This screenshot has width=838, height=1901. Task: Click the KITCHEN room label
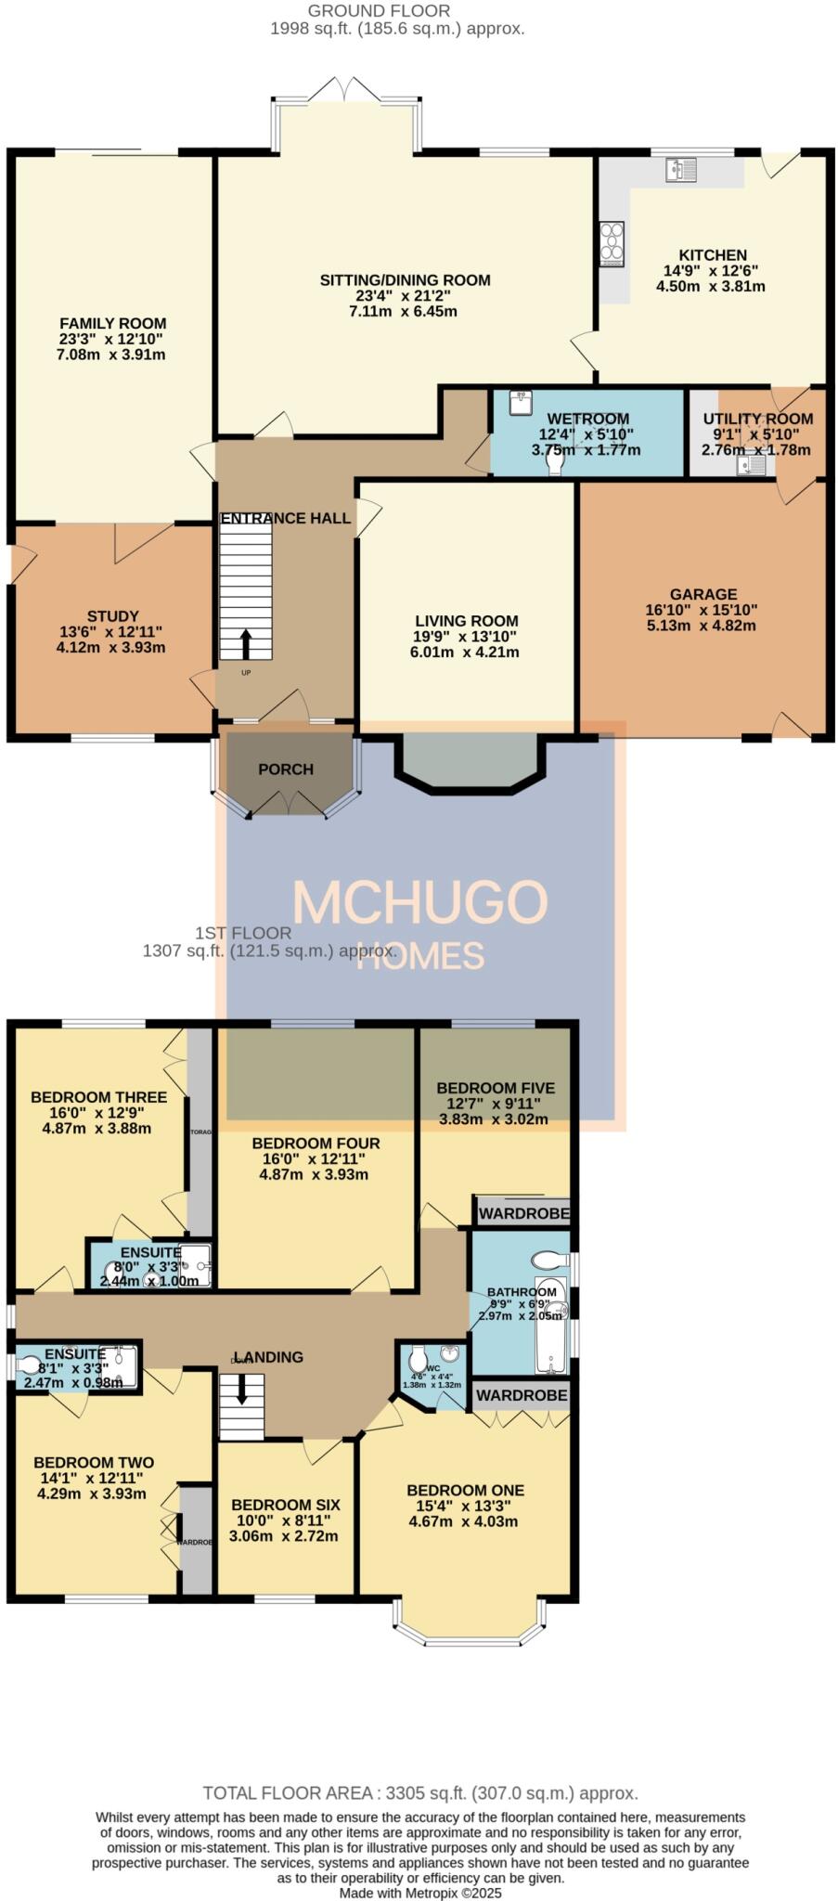coord(712,255)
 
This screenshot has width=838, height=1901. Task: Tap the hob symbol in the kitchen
coord(612,243)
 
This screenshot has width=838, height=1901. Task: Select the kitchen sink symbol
coord(681,169)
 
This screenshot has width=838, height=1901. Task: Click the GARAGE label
coord(703,594)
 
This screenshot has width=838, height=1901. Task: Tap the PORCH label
coord(286,769)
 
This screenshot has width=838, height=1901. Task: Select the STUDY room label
coord(112,616)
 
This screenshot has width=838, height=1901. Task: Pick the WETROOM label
coord(587,420)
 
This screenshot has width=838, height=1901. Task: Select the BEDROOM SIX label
coord(285,1505)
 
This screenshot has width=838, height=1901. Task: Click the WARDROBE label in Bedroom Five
coord(522,1213)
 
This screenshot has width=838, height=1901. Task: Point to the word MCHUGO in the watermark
coord(419,901)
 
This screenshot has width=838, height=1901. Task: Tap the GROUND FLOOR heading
coord(379,11)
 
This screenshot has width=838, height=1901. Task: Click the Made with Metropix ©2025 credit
coord(419,1892)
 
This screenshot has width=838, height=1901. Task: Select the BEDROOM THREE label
coord(98,1097)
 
